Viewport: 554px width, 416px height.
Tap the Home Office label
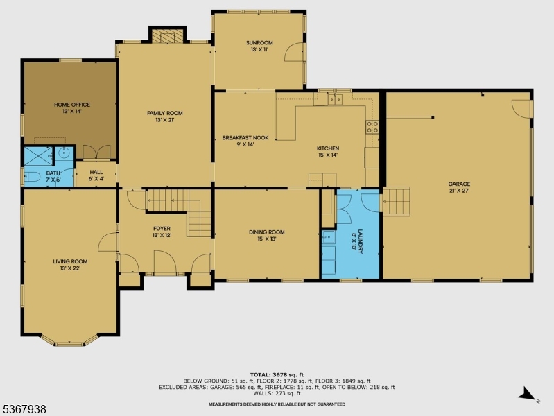(72, 107)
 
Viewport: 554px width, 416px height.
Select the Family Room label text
(164, 116)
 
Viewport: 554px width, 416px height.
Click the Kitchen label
(328, 152)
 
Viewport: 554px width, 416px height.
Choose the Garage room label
(458, 187)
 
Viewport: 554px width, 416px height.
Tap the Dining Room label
(267, 236)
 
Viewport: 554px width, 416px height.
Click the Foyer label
(162, 232)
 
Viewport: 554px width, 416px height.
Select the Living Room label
(71, 265)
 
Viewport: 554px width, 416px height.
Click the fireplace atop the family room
(168, 35)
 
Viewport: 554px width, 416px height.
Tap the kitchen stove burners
(372, 126)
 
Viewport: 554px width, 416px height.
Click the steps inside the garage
(396, 201)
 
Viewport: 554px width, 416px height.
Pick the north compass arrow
(528, 395)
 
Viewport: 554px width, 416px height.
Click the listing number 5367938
(24, 409)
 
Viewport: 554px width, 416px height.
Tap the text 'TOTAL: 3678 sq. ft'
(277, 374)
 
